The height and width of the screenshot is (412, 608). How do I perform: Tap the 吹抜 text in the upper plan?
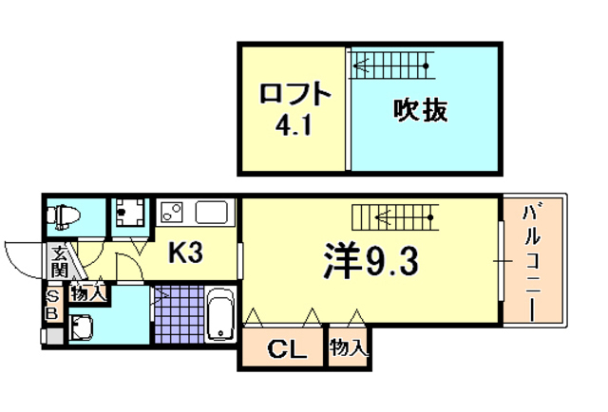click(420, 110)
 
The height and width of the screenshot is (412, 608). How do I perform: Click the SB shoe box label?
click(52, 306)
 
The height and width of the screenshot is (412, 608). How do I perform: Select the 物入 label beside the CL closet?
click(349, 348)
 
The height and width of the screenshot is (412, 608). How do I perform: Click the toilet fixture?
click(66, 216)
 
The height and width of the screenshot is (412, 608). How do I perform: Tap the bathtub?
click(220, 315)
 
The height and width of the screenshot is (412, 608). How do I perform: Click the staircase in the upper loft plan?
click(390, 66)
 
